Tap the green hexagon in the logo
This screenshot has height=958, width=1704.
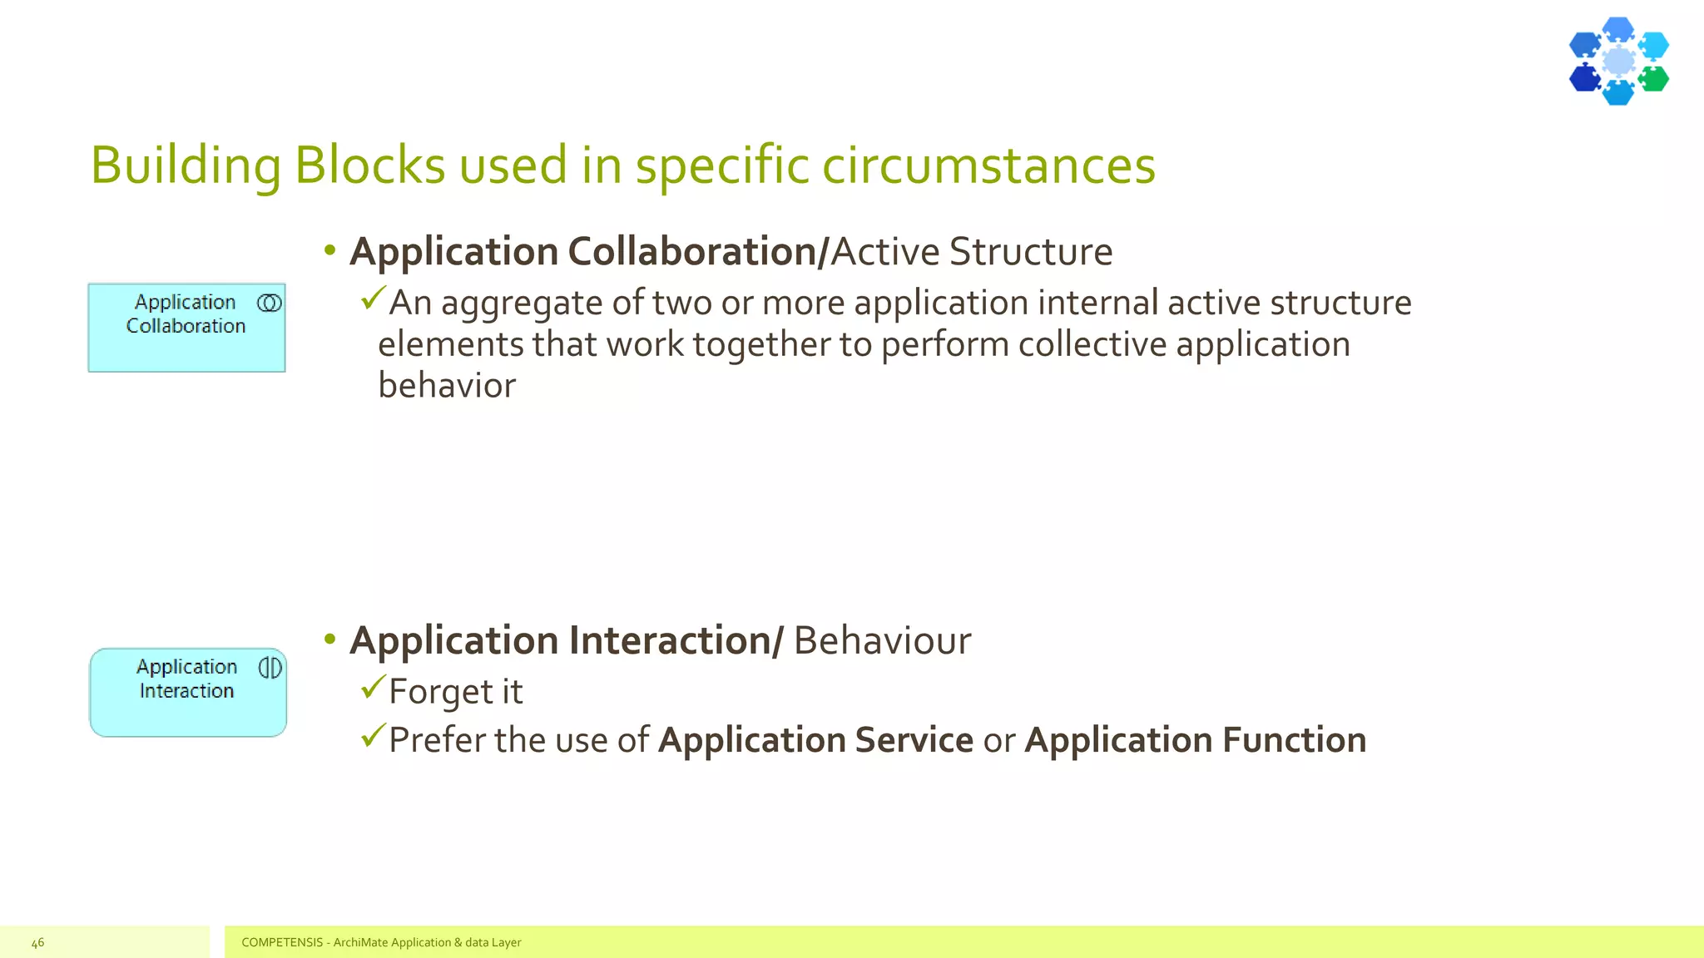point(1653,79)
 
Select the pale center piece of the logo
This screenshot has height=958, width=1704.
point(1618,62)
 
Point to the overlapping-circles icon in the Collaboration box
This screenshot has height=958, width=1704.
point(270,304)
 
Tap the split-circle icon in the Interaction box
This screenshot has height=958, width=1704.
point(270,668)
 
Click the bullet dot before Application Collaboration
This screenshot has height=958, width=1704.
point(330,250)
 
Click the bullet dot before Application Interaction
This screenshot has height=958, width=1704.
point(330,639)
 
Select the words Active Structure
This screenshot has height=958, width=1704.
point(971,252)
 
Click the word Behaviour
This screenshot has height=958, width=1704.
point(882,640)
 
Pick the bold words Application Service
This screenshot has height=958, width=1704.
point(815,740)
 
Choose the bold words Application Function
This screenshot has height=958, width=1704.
point(1195,740)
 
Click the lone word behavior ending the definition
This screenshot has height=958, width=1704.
point(447,386)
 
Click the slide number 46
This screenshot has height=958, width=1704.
point(37,942)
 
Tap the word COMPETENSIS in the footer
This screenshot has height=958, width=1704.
point(282,942)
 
